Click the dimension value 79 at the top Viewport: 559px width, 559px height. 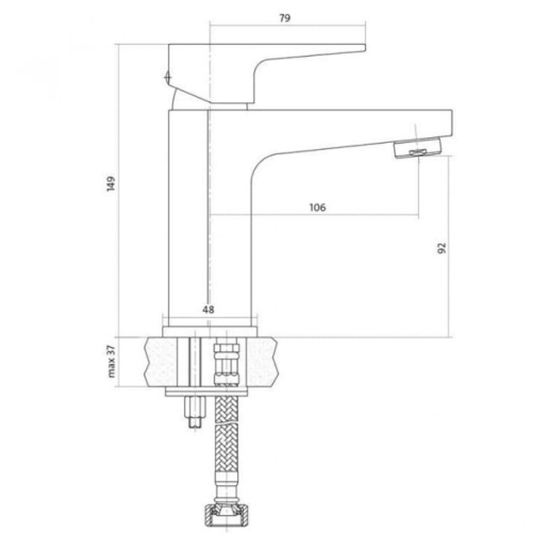[x=284, y=18]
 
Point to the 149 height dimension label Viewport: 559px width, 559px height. [x=111, y=184]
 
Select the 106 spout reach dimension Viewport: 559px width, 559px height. [x=317, y=207]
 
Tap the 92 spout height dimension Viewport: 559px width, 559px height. [x=442, y=248]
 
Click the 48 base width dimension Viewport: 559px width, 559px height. [x=208, y=310]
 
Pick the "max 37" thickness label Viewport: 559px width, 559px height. [x=112, y=361]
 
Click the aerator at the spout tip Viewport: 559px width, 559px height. [x=417, y=147]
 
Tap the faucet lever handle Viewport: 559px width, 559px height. [x=267, y=74]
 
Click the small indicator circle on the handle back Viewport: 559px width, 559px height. [x=168, y=77]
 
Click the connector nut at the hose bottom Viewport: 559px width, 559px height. [x=226, y=515]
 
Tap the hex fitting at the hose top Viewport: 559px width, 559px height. [x=226, y=363]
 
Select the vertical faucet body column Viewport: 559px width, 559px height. [x=210, y=218]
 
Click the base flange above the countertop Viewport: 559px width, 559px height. [x=210, y=332]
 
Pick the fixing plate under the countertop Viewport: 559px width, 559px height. [x=206, y=392]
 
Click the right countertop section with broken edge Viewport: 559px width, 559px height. [x=262, y=361]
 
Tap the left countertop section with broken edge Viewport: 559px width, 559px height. [x=161, y=361]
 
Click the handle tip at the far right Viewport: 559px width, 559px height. [x=365, y=48]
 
